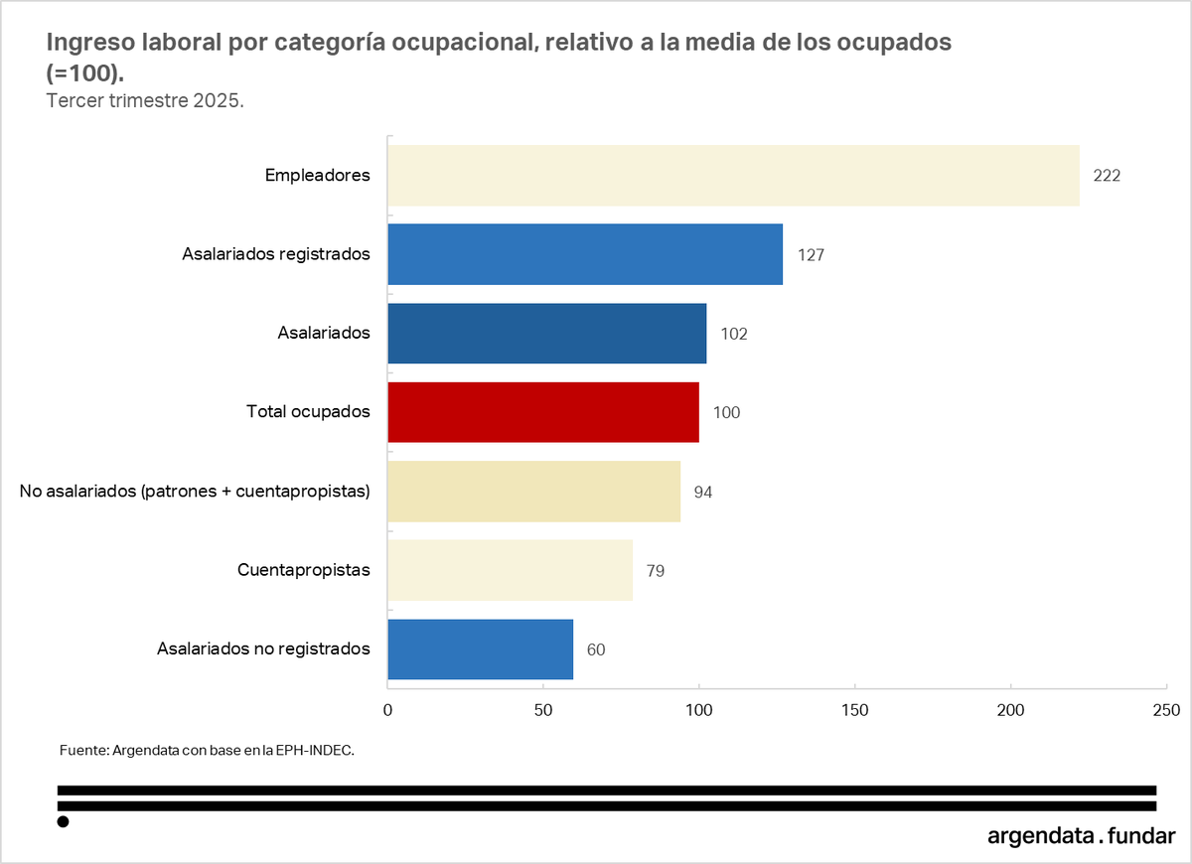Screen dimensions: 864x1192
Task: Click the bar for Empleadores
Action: click(733, 176)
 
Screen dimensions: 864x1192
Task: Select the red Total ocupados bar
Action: click(543, 412)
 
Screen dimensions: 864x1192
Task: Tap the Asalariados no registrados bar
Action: click(480, 649)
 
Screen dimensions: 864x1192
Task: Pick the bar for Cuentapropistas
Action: click(510, 570)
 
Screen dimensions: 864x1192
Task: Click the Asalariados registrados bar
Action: click(585, 254)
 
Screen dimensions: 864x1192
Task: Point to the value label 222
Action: click(1107, 176)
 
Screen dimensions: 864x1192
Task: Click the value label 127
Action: click(811, 254)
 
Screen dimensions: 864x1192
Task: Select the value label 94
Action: click(703, 492)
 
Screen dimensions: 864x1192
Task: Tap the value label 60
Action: click(596, 649)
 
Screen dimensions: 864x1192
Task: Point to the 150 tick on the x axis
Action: click(854, 710)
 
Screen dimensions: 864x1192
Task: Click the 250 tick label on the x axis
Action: click(1166, 710)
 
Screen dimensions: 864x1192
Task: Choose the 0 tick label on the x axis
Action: click(387, 710)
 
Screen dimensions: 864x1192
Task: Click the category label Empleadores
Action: click(317, 176)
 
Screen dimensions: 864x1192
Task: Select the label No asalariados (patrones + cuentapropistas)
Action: click(195, 492)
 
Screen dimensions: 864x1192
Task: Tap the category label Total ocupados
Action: click(308, 412)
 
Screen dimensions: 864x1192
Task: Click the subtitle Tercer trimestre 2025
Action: click(145, 101)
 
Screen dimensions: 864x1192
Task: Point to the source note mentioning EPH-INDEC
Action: click(207, 751)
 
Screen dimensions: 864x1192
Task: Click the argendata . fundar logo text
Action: click(1081, 835)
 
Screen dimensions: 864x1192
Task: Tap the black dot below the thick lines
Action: click(63, 821)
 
